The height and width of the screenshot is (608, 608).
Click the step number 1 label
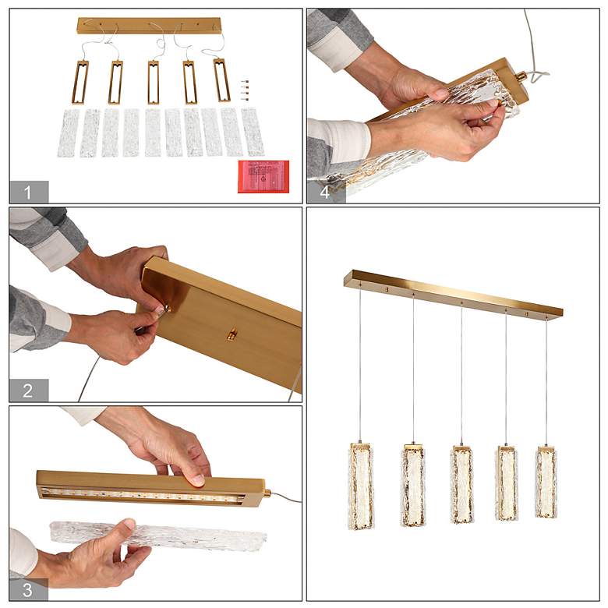(27, 193)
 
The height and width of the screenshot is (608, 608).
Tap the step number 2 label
(27, 391)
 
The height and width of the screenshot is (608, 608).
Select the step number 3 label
(27, 590)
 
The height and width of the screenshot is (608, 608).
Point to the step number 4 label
(325, 192)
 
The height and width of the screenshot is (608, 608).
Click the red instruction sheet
(263, 176)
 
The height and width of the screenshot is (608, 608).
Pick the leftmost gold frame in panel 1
(80, 82)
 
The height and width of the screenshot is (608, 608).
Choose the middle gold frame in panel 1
(153, 82)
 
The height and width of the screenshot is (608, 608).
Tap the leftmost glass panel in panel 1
(69, 133)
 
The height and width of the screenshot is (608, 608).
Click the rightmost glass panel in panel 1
(253, 132)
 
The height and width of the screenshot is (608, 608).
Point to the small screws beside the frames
(244, 90)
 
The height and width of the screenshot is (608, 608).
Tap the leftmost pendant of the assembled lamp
(361, 486)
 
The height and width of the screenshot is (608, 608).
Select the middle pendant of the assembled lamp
(461, 485)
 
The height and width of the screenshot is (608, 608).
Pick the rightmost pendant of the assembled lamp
(546, 482)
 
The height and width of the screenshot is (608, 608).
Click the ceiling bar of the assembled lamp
(454, 293)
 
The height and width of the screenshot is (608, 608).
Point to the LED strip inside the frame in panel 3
(143, 495)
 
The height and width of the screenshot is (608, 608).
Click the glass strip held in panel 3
(158, 536)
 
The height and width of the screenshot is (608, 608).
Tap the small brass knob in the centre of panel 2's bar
(232, 334)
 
